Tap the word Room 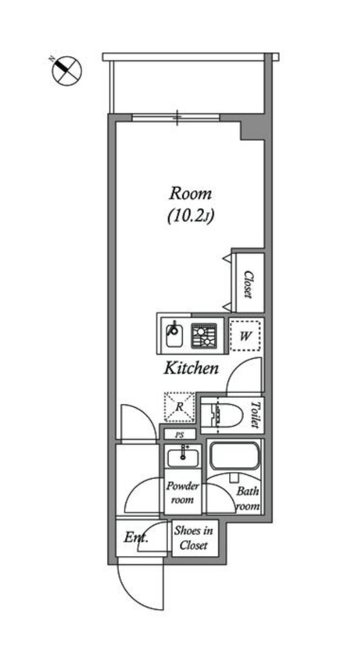(x=190, y=194)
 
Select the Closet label (x=248, y=284)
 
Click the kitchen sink (x=174, y=335)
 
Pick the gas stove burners (x=204, y=335)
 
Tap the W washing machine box (x=245, y=336)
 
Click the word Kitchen (x=191, y=368)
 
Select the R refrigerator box (x=179, y=407)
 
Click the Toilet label (x=255, y=415)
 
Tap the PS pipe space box (x=179, y=434)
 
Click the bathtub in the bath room (x=235, y=456)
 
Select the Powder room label (x=182, y=493)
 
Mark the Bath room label (x=248, y=499)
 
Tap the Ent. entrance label (x=136, y=537)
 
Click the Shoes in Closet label (x=194, y=538)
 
